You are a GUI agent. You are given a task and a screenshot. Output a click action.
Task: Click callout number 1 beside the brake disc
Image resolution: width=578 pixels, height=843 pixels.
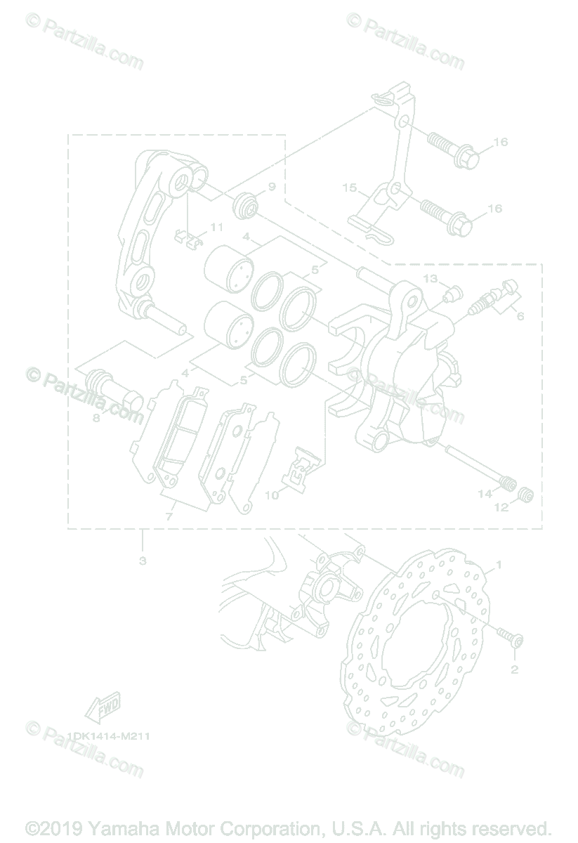click(499, 564)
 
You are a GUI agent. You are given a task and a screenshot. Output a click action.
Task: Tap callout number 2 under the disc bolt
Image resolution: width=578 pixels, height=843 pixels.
click(514, 669)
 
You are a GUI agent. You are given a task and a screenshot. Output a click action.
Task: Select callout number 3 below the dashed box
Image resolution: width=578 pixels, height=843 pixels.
click(143, 561)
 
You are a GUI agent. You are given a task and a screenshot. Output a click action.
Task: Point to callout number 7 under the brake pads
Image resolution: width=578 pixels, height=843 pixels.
click(168, 516)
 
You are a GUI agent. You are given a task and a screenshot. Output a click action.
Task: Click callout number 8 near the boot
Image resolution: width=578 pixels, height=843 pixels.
click(96, 418)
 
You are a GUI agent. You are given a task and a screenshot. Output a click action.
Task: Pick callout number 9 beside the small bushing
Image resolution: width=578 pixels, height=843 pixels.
click(272, 187)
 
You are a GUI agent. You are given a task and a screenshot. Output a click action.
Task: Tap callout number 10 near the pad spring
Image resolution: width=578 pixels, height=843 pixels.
click(272, 495)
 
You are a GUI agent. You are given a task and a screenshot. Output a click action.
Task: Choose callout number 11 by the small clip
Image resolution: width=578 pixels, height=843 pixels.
click(216, 227)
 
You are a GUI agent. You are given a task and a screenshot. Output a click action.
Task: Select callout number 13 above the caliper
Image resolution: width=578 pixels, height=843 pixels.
click(449, 279)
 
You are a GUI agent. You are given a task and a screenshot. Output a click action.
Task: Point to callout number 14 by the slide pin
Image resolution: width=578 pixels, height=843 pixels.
click(485, 494)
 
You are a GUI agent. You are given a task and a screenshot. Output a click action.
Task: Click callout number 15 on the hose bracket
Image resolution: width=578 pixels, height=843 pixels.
click(350, 188)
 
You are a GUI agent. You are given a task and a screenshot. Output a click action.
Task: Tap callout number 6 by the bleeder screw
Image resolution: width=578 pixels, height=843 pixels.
click(520, 316)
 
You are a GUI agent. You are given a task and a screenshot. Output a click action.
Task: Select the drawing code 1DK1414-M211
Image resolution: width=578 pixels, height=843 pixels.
click(109, 736)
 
